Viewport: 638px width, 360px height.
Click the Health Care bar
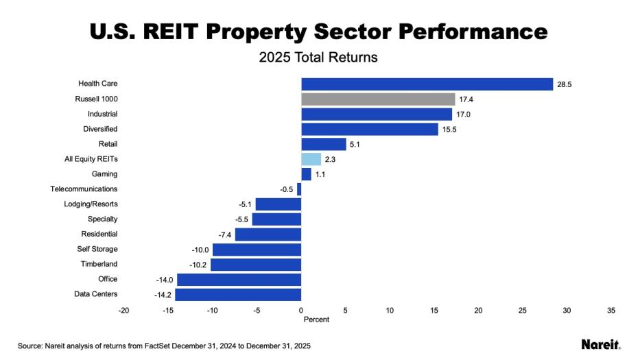[427, 84]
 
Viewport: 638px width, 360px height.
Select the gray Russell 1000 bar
[378, 99]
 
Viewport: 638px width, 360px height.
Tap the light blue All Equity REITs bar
[311, 159]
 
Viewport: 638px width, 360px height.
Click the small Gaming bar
[306, 174]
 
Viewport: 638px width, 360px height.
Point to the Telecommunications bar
[299, 189]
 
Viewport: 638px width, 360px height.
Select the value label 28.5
[565, 84]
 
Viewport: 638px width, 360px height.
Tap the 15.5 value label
[449, 130]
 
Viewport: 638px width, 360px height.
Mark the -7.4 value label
[224, 235]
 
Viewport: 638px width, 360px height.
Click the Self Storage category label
[97, 249]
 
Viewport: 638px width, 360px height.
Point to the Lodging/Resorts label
[91, 204]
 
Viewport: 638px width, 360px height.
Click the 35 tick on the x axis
[611, 311]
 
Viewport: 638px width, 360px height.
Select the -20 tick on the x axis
[123, 311]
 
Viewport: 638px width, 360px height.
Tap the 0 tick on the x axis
[301, 311]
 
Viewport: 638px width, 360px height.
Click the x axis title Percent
[316, 320]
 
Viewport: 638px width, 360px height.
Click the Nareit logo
[600, 344]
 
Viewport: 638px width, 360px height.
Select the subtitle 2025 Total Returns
[318, 57]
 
